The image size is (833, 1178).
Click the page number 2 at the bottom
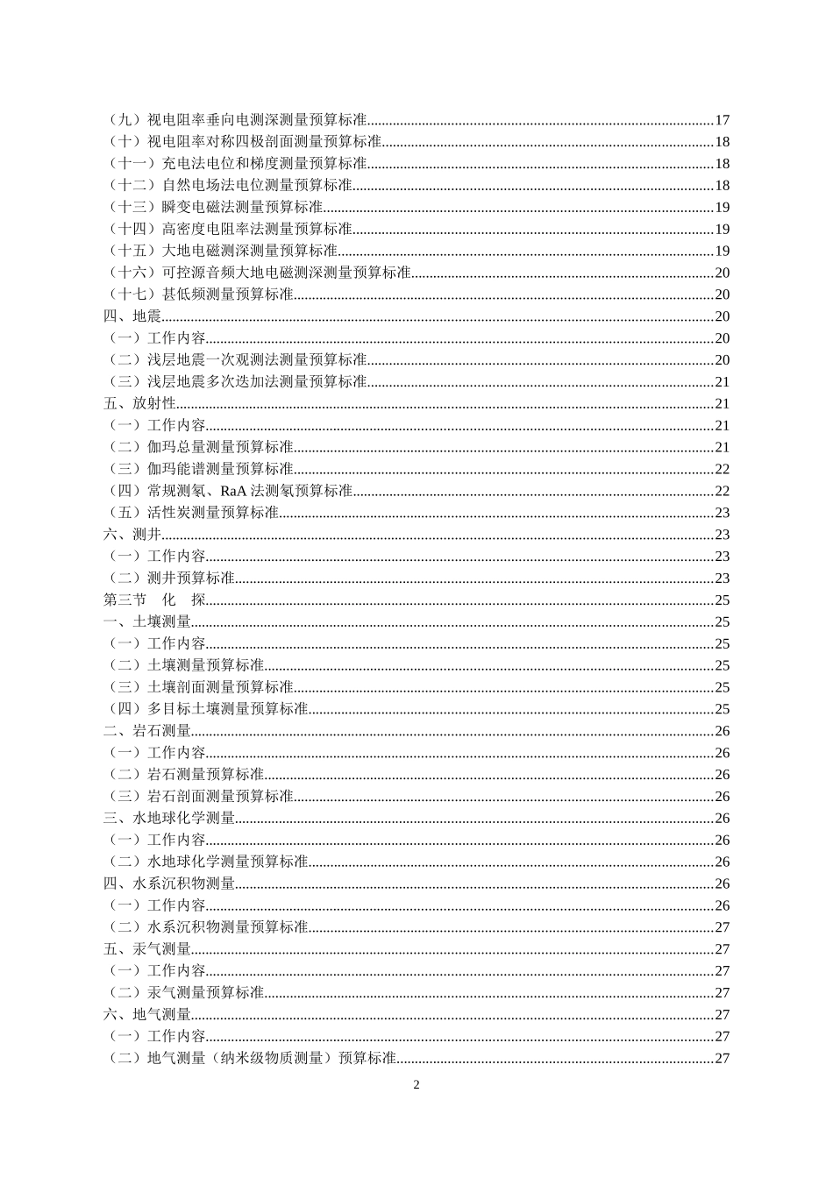[416, 1085]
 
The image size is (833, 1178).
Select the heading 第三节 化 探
[155, 600]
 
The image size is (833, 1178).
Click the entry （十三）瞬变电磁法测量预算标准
[214, 208]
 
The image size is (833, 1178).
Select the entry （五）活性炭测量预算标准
[192, 513]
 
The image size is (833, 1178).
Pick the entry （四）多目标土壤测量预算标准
[207, 709]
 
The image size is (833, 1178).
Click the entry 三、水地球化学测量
[169, 819]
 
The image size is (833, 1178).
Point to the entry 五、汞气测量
[147, 949]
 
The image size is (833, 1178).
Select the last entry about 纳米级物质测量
[251, 1059]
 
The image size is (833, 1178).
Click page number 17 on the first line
[723, 120]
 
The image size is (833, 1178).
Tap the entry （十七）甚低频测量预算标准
[199, 294]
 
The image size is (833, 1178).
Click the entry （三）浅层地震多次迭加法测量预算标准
[236, 382]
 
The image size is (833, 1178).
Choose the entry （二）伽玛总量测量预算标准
[199, 448]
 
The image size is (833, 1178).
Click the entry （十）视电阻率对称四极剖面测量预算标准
[243, 142]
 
